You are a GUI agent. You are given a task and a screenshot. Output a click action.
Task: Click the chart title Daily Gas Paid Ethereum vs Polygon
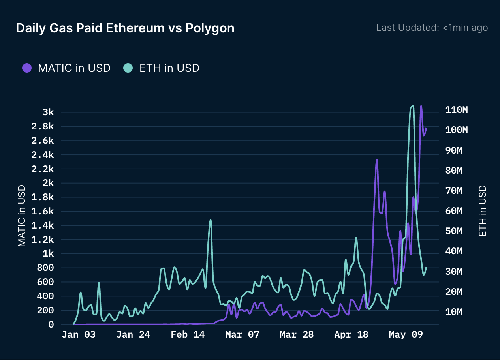pyautogui.click(x=125, y=28)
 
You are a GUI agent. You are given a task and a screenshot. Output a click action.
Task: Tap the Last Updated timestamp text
pyautogui.click(x=432, y=28)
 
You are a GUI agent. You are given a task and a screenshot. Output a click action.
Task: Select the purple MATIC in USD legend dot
pyautogui.click(x=27, y=68)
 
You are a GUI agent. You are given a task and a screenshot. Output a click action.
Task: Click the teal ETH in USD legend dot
pyautogui.click(x=128, y=68)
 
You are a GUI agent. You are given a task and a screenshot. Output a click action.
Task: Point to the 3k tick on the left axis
pyautogui.click(x=48, y=112)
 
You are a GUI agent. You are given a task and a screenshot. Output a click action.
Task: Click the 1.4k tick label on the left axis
pyautogui.click(x=43, y=226)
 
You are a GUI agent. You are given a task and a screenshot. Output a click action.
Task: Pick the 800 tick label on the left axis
pyautogui.click(x=45, y=268)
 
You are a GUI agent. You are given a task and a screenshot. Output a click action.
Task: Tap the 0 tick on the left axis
pyautogui.click(x=51, y=324)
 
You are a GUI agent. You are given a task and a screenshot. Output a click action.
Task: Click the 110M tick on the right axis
pyautogui.click(x=457, y=110)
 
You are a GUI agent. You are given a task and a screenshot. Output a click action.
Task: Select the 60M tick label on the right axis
pyautogui.click(x=454, y=211)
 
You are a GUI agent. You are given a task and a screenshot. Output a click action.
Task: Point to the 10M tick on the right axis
pyautogui.click(x=454, y=312)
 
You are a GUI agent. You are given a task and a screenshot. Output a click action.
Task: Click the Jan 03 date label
pyautogui.click(x=79, y=335)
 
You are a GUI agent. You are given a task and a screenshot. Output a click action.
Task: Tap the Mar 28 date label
pyautogui.click(x=297, y=335)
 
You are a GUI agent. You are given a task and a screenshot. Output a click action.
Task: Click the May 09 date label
pyautogui.click(x=406, y=335)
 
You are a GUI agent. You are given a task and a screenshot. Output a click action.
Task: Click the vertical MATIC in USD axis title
pyautogui.click(x=22, y=216)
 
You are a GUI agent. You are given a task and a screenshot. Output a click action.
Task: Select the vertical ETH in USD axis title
pyautogui.click(x=482, y=211)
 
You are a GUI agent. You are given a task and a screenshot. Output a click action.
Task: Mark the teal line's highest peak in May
pyautogui.click(x=413, y=106)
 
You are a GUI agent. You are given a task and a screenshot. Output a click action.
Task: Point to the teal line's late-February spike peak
pyautogui.click(x=211, y=220)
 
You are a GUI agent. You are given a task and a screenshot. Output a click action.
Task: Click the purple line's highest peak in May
pyautogui.click(x=421, y=106)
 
